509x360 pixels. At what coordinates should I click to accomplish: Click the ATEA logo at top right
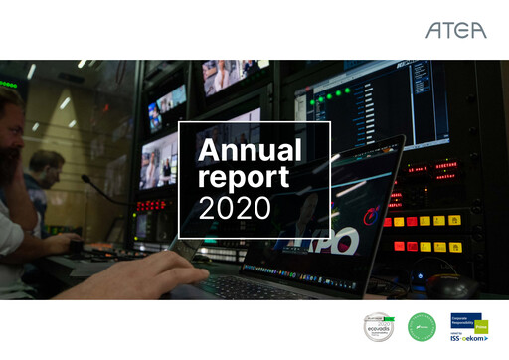456,31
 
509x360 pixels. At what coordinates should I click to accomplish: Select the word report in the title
244,179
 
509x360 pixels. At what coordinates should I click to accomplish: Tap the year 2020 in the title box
235,208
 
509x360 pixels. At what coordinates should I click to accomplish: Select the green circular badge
422,326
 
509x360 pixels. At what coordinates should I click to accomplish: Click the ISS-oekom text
470,336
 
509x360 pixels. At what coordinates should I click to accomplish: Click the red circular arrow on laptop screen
373,214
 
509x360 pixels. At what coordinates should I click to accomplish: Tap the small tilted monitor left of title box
167,103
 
